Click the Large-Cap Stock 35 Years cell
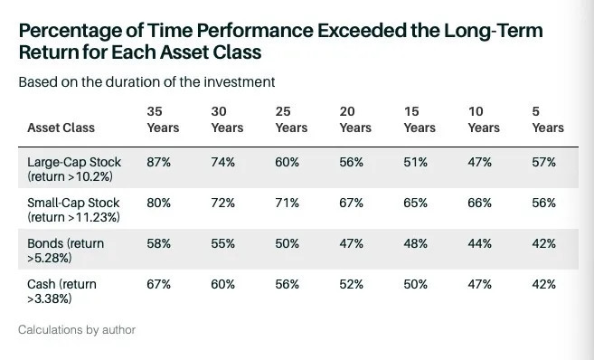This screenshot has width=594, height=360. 159,162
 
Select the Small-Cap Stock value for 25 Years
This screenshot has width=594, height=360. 288,203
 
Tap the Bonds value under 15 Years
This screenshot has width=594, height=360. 416,243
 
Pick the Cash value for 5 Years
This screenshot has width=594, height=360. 544,284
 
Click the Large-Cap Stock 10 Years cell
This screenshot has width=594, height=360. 479,162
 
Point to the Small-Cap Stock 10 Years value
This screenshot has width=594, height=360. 479,203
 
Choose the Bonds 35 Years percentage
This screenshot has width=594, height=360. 159,243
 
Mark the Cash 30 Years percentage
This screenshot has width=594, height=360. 222,284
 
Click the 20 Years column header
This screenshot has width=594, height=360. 355,119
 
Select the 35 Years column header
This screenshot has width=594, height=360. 163,119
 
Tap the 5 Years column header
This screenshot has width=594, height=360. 548,119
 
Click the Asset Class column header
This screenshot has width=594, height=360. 61,128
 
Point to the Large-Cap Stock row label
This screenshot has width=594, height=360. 74,169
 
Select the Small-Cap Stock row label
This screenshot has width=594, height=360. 73,210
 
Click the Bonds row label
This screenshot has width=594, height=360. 65,251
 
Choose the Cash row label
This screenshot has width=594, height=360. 61,291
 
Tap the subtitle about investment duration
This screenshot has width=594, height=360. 146,81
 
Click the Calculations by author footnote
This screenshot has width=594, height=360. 77,329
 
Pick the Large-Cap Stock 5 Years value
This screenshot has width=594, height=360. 544,162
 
